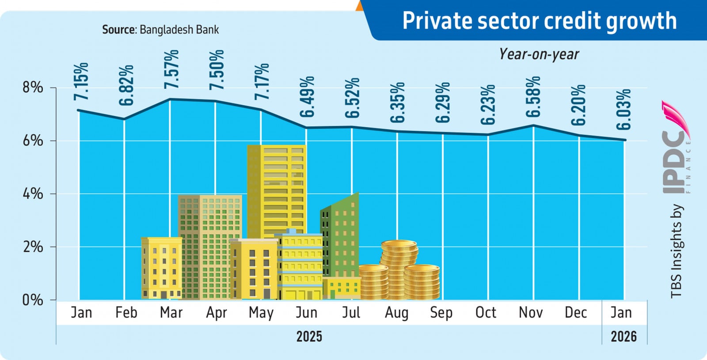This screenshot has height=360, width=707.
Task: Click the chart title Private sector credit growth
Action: pos(539,21)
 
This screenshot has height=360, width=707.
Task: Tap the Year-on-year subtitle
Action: pos(539,54)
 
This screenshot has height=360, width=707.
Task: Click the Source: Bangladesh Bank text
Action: pos(160,30)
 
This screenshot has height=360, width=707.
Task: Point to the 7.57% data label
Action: pos(171,69)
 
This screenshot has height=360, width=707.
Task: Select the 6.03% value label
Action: pos(623,109)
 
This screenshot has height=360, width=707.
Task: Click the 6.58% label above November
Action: pos(533,96)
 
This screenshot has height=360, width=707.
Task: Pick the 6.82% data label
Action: pos(126,85)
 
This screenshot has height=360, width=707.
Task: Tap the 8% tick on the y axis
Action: pos(33,87)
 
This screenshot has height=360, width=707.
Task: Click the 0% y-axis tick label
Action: pos(33,300)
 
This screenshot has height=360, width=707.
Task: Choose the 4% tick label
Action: pos(33,193)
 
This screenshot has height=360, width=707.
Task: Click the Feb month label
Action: pos(126,312)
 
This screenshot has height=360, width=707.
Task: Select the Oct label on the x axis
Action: pos(486,312)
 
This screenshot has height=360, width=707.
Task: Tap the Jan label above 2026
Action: pos(621,312)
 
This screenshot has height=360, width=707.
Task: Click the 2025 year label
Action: pos(309,337)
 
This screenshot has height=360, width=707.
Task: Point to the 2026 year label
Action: pos(623,337)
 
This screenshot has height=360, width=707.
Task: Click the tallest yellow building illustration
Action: pos(277,190)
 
